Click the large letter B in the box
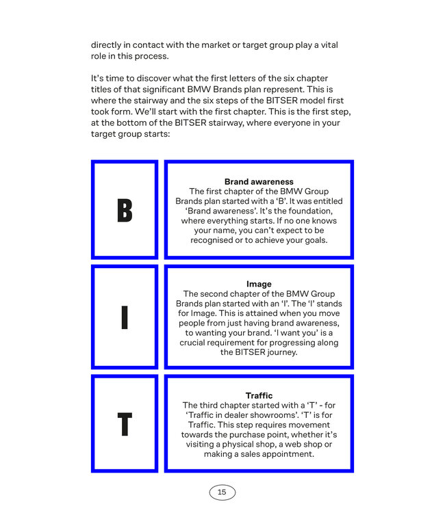124,210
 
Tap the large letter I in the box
124,317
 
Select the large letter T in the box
124,424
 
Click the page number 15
222,492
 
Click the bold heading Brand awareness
259,182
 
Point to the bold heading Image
259,284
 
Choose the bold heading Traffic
259,395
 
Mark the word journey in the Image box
279,352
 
